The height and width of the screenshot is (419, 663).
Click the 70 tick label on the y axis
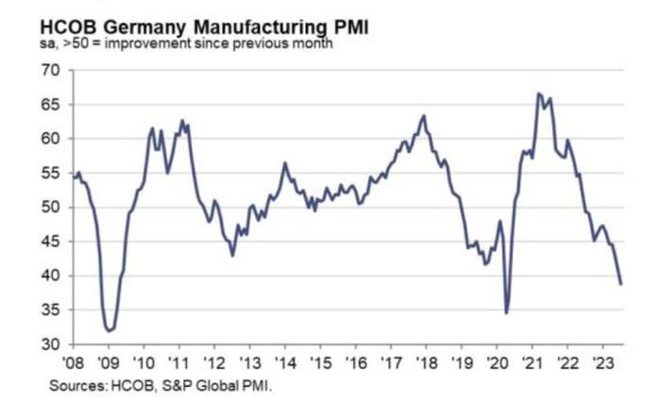50,71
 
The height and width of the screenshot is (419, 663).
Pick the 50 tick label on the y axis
50,208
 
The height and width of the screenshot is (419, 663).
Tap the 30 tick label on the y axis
50,344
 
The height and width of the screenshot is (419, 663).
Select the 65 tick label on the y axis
50,105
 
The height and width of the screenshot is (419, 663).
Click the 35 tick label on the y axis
50,310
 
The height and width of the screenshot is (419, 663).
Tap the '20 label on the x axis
497,362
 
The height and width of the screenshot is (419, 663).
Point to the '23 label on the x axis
603,362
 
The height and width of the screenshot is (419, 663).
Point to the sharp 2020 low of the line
507,312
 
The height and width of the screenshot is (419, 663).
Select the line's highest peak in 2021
538,93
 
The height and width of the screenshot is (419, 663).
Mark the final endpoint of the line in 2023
621,283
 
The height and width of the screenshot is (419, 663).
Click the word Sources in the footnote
77,385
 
